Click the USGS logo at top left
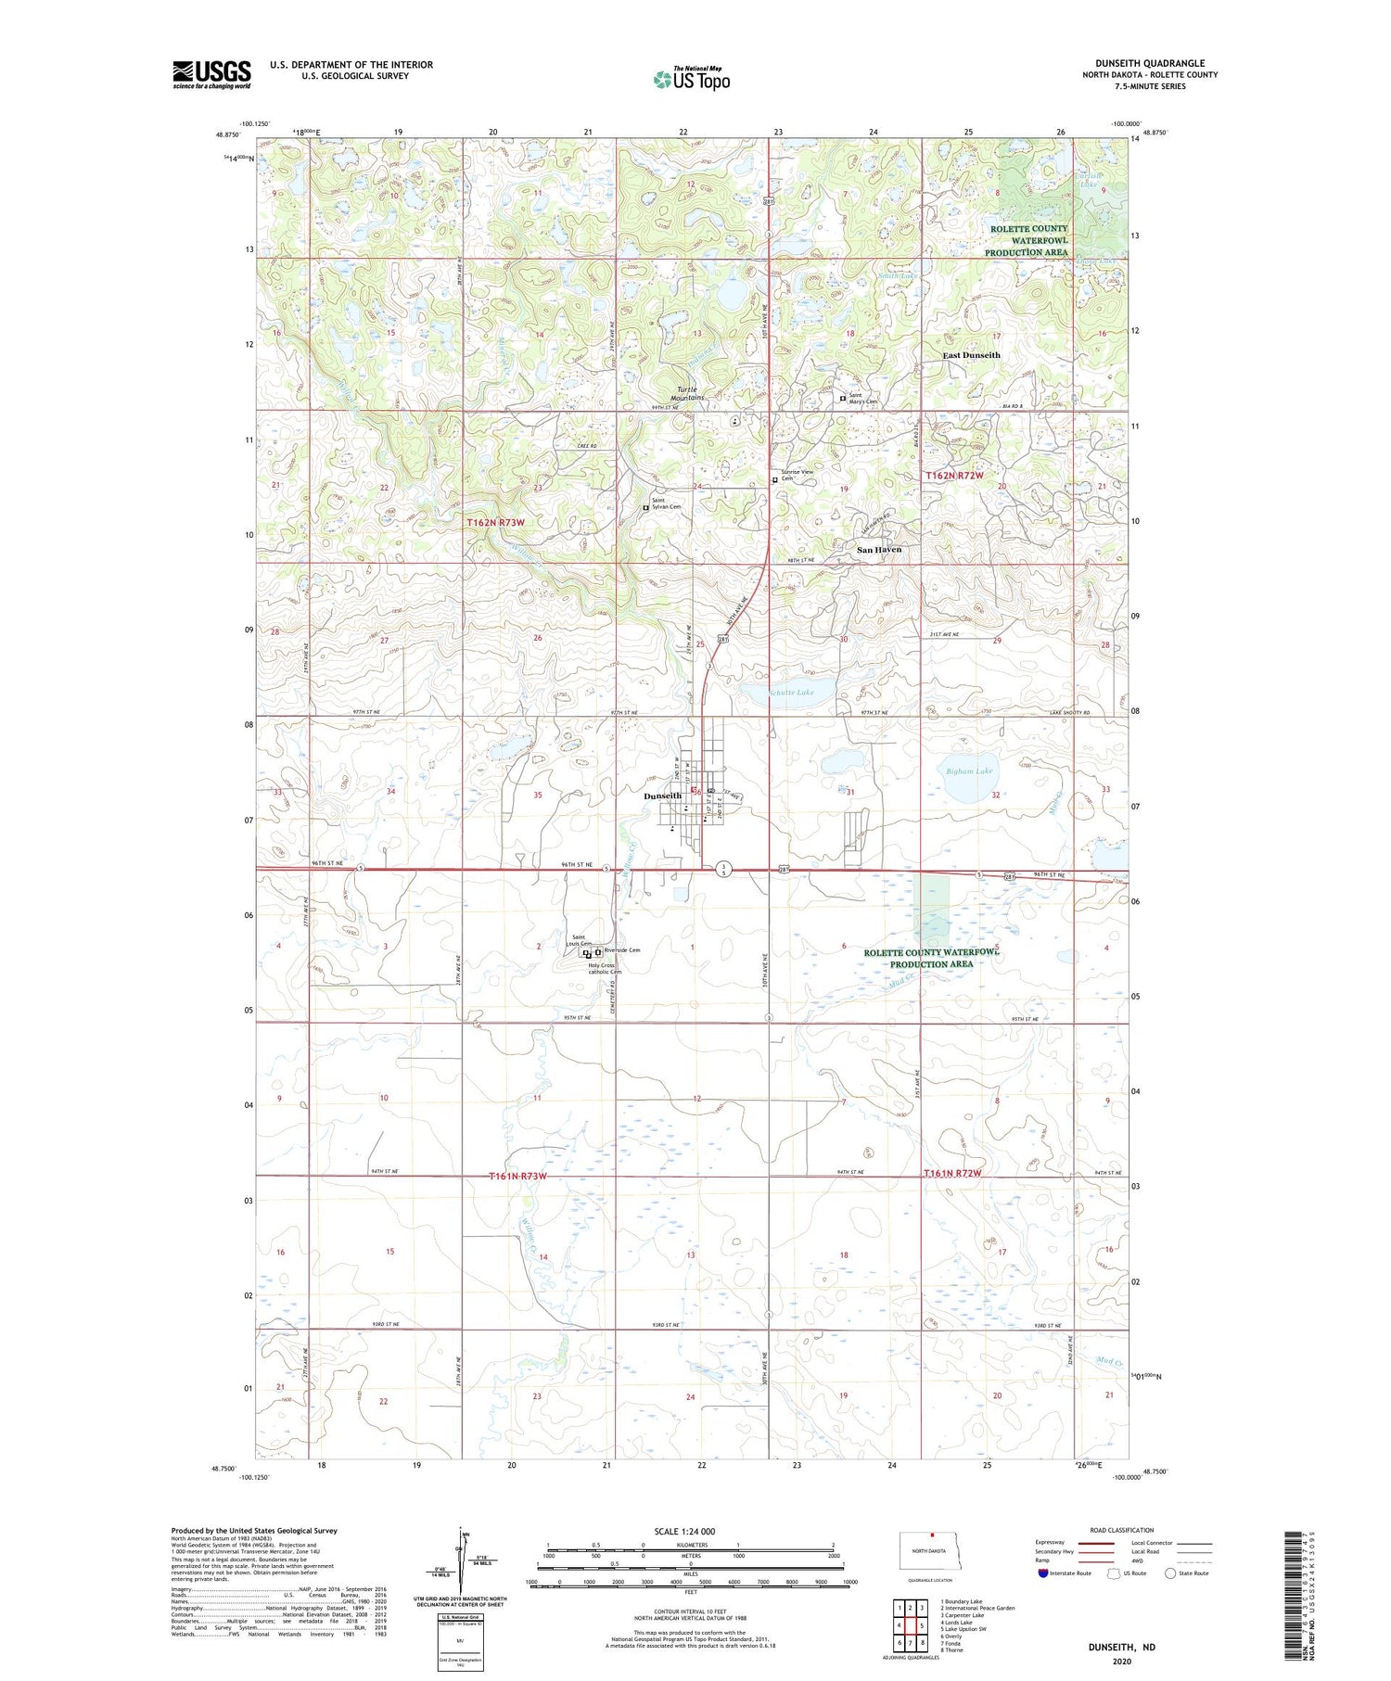[x=211, y=74]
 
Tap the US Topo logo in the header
[x=691, y=80]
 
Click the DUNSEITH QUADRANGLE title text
[x=1149, y=63]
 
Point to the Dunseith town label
[x=663, y=796]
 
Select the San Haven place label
[x=878, y=550]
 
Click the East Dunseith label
[x=971, y=355]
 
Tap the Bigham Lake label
[x=969, y=771]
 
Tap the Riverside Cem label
[x=621, y=950]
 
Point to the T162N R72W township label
[x=953, y=475]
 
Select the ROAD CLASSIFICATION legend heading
[x=1122, y=1530]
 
